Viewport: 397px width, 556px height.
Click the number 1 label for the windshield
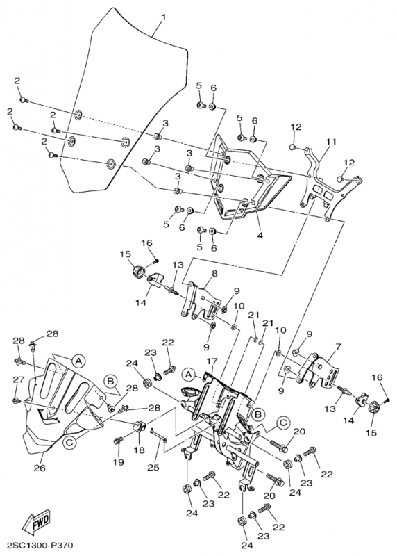click(164, 17)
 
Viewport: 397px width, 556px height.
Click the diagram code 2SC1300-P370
click(37, 546)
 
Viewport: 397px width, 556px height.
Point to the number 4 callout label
click(260, 235)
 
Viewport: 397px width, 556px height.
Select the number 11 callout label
click(331, 141)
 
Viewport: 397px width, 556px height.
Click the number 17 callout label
click(212, 361)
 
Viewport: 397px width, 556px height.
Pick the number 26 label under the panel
click(40, 468)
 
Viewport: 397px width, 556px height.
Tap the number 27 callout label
click(19, 379)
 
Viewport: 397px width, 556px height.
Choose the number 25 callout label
click(153, 468)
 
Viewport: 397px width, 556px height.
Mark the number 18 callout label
click(140, 450)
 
